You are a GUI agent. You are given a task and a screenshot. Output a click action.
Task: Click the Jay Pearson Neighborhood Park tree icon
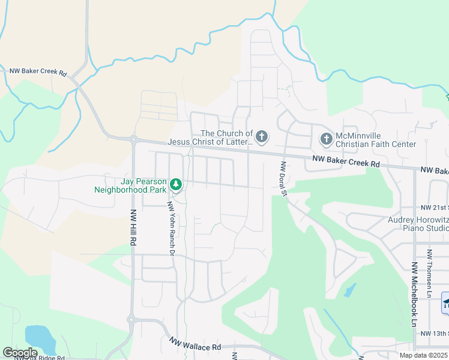(x=176, y=184)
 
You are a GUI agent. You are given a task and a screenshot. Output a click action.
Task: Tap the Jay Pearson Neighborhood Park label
(x=130, y=185)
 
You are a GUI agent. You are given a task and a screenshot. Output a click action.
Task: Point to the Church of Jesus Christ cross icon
(x=261, y=137)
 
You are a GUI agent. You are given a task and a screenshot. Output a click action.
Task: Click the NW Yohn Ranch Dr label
(x=170, y=228)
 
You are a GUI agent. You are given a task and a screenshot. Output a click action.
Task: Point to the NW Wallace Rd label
(x=195, y=346)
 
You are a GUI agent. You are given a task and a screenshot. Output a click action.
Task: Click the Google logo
(x=20, y=353)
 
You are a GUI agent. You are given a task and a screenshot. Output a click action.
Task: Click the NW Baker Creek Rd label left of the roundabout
(x=38, y=71)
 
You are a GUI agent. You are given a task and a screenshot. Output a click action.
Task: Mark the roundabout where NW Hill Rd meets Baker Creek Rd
(x=133, y=139)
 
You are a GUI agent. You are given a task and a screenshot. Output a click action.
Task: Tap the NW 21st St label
(x=435, y=206)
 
